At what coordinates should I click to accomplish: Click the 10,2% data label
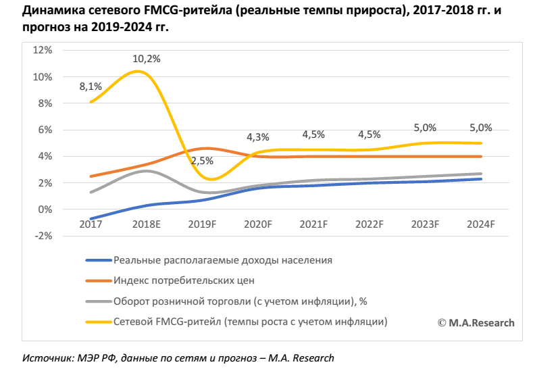(x=146, y=59)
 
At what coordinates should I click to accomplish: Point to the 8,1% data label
(x=91, y=86)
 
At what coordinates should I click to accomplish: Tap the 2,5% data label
(x=202, y=161)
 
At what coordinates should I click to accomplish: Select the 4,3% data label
(x=257, y=136)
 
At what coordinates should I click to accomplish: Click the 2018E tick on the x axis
(x=146, y=224)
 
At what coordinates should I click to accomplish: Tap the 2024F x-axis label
(x=481, y=224)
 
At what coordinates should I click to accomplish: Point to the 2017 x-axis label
(x=91, y=224)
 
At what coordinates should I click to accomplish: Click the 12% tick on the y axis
(x=43, y=51)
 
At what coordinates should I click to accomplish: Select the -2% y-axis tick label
(x=43, y=236)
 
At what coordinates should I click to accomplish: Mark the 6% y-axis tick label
(x=45, y=130)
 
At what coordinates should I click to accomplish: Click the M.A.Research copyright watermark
(x=476, y=323)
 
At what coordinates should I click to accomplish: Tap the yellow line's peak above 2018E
(x=140, y=71)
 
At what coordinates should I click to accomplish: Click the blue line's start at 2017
(x=91, y=219)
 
